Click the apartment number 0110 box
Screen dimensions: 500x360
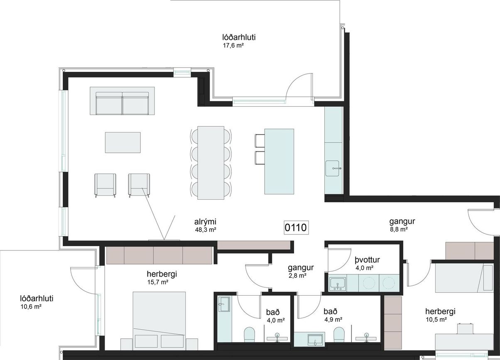pos(296,228)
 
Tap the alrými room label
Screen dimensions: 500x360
pos(205,222)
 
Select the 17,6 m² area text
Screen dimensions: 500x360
pos(233,46)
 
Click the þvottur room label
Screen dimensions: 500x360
pos(367,260)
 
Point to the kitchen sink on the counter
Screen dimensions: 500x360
pos(333,168)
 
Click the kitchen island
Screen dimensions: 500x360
pos(279,162)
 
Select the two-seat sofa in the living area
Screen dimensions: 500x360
pos(123,103)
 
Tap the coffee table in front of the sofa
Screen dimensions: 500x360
pos(123,142)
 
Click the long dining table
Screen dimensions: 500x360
pos(211,163)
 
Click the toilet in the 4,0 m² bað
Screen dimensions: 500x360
pos(249,334)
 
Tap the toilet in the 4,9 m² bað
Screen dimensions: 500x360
pos(339,334)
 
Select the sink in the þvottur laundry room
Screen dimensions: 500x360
pos(338,284)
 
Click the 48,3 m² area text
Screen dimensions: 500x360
pos(205,230)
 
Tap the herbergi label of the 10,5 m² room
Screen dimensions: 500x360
pos(440,311)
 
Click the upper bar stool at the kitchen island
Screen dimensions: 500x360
pos(260,141)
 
